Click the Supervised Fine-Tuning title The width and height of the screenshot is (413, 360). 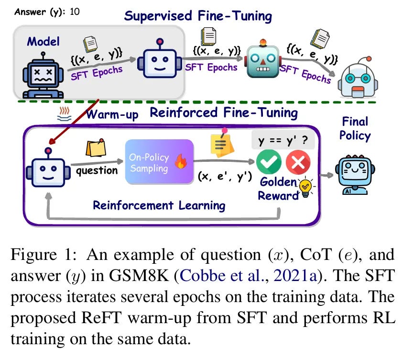click(x=198, y=16)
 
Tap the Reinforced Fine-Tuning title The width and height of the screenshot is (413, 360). click(x=224, y=113)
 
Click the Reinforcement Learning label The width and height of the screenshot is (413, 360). click(x=159, y=205)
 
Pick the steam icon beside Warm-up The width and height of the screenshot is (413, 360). click(x=63, y=114)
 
